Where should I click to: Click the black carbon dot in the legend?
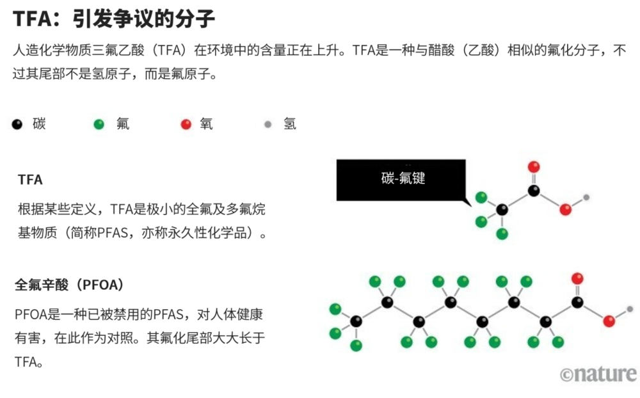(x=17, y=124)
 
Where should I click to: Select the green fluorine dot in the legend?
(x=99, y=124)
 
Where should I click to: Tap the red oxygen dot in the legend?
(x=186, y=124)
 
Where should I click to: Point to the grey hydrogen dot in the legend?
(x=268, y=124)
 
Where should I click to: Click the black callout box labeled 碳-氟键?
(x=401, y=180)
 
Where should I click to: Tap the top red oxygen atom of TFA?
(x=534, y=166)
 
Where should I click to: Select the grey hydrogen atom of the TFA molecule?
(x=586, y=198)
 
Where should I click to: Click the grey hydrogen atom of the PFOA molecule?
(x=630, y=309)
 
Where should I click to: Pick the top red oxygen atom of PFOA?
(x=577, y=278)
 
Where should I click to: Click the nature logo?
(x=598, y=374)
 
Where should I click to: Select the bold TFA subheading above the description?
(x=30, y=180)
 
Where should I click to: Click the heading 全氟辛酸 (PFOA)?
(x=69, y=285)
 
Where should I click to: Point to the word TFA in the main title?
(x=32, y=19)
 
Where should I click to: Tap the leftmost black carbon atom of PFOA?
(x=356, y=321)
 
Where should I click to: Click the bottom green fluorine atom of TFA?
(x=502, y=234)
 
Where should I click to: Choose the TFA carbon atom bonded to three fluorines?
(x=502, y=209)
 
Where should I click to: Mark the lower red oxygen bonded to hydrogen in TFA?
(x=565, y=209)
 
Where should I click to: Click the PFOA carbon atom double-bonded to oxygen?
(x=577, y=303)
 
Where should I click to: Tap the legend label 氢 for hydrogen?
(x=290, y=123)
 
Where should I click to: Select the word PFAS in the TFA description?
(x=113, y=233)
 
